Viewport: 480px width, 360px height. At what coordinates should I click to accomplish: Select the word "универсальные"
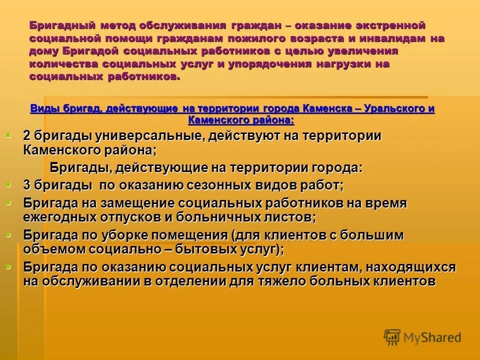click(140, 136)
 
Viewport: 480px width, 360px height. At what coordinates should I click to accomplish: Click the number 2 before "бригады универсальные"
click(27, 136)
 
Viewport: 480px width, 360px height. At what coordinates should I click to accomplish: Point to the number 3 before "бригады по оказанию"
click(27, 185)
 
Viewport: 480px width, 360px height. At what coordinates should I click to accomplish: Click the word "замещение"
click(132, 203)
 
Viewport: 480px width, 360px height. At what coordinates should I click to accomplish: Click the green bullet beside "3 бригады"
click(8, 184)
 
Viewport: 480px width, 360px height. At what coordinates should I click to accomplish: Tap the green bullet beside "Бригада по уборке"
click(8, 234)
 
